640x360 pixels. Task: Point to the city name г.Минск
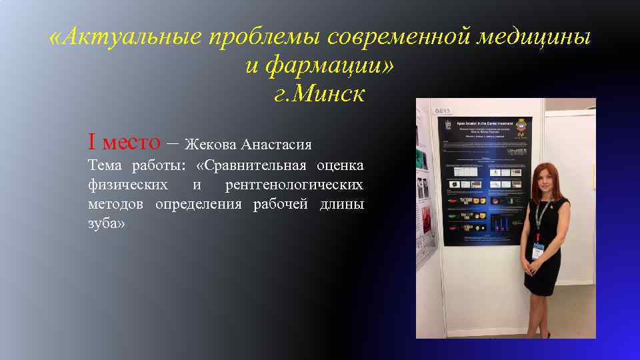319,94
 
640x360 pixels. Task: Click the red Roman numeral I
92,141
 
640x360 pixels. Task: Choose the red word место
131,141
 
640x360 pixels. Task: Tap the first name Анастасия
276,144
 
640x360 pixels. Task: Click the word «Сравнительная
251,165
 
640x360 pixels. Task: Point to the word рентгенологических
294,185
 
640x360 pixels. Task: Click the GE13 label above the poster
443,110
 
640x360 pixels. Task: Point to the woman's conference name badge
538,251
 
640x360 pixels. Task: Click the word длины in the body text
341,204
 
